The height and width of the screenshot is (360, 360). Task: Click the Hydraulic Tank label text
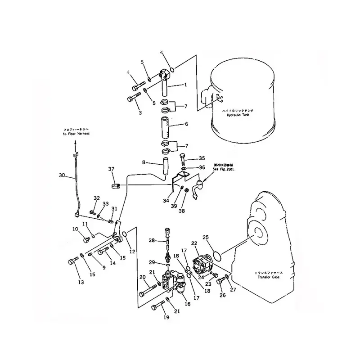tap(238, 115)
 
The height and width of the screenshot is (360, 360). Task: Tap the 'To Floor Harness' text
tap(76, 134)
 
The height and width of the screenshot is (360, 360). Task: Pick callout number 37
tap(111, 169)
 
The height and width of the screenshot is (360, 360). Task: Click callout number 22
tap(194, 243)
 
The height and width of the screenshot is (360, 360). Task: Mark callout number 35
tap(202, 158)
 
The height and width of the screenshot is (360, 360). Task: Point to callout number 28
tap(152, 241)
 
